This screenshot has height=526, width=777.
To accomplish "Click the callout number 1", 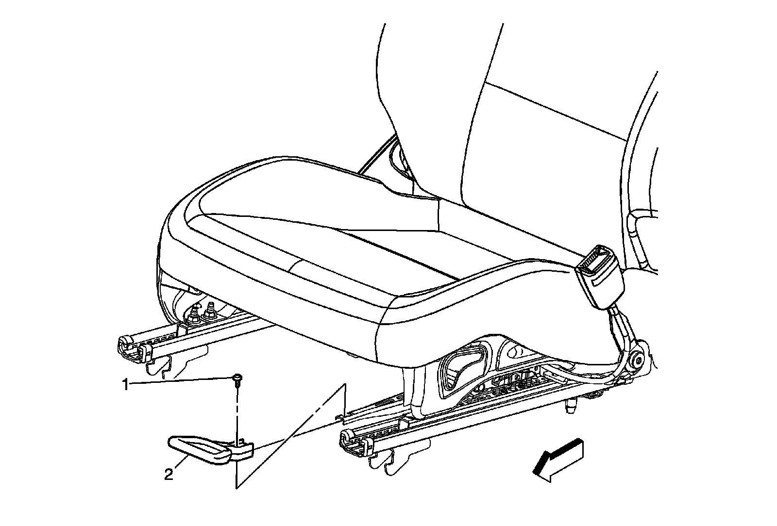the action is click(125, 385).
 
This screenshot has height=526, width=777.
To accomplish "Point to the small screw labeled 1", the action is click(237, 378).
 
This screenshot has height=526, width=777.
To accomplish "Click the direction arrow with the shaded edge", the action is click(559, 461).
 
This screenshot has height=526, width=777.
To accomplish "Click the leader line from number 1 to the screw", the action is click(180, 382).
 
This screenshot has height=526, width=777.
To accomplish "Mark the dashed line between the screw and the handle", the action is click(237, 412).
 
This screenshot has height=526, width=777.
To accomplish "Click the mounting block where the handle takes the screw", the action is click(243, 449).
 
